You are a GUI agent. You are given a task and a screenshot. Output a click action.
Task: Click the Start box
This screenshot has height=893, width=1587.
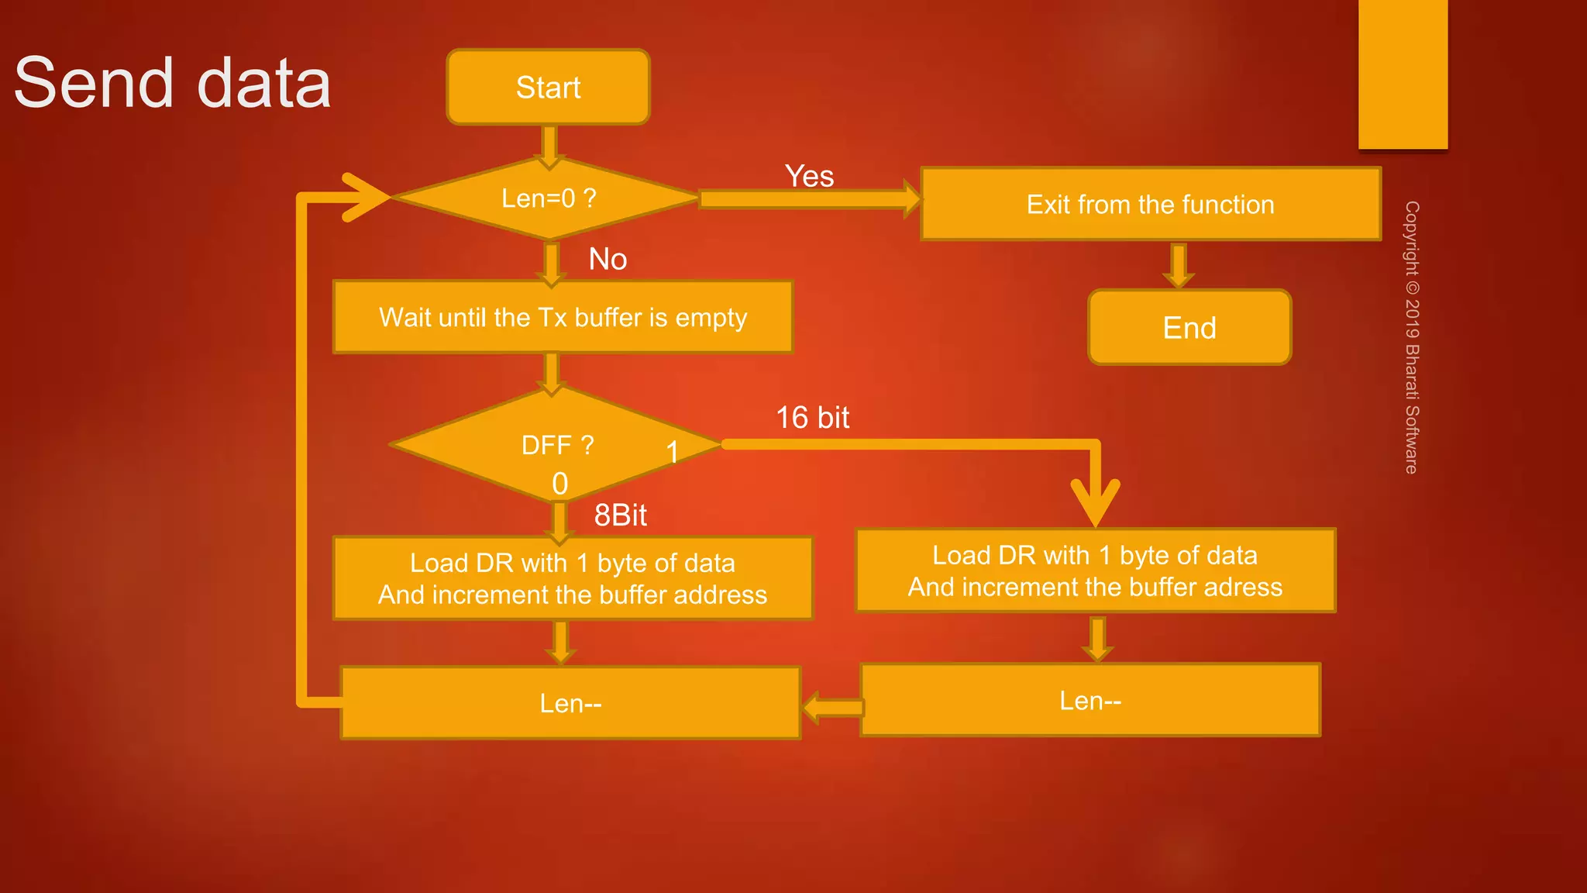pos(548,87)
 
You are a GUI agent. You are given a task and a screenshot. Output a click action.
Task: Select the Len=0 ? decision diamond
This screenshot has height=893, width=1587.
pos(548,198)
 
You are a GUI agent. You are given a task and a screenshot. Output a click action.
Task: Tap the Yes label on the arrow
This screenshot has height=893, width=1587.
pos(809,177)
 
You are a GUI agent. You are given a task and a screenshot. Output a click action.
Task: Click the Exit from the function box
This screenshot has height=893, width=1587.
pos(1151,204)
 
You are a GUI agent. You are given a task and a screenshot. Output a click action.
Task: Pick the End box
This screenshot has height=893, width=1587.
pos(1189,328)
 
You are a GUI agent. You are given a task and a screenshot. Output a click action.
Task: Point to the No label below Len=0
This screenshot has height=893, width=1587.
pos(608,259)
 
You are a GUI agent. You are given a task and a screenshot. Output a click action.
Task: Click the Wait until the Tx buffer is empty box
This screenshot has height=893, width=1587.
pos(563,317)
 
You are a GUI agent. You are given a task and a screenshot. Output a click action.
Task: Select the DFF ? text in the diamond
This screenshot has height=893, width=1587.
pos(557,445)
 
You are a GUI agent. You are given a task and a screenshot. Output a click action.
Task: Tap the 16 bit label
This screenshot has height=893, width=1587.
pos(813,418)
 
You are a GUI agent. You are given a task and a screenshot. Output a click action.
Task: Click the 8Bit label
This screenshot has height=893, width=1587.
pos(620,515)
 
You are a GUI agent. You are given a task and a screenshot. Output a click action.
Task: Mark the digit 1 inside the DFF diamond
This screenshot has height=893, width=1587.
pos(673,452)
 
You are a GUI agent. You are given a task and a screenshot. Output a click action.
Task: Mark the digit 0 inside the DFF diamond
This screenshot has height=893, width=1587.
pos(559,484)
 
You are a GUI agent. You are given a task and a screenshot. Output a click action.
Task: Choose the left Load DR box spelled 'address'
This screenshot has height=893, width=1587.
pos(573,578)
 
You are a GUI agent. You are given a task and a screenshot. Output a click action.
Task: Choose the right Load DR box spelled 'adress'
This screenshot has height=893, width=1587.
pos(1095,571)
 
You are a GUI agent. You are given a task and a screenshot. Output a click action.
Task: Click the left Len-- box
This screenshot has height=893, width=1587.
pos(570,703)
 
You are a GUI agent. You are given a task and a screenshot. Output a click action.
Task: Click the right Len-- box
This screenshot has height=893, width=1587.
pos(1090,701)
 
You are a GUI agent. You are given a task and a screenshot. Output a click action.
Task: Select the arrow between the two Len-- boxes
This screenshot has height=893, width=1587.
pos(832,707)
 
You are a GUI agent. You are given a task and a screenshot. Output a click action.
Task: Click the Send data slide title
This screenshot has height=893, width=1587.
pos(173,83)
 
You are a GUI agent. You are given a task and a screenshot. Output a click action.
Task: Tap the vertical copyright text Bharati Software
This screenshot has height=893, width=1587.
pos(1412,338)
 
